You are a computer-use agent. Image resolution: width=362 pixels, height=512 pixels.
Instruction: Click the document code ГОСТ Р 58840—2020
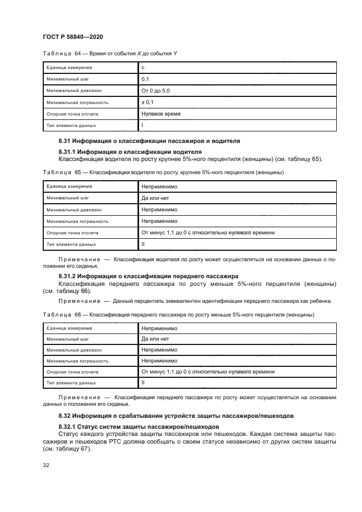point(73,36)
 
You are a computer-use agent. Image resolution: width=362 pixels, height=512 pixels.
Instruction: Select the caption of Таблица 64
point(109,53)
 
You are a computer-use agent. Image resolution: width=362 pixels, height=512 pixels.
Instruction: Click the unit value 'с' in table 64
point(143,68)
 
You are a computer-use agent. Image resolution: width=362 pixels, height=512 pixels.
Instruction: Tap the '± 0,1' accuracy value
point(148,102)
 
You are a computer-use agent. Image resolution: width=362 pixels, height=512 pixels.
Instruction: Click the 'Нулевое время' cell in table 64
point(161,114)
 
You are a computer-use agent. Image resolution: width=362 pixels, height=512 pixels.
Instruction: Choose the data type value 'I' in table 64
point(142,125)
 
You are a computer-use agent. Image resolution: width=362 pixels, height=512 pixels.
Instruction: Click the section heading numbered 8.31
point(149,141)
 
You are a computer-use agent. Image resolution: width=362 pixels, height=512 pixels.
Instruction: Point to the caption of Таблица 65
point(163,172)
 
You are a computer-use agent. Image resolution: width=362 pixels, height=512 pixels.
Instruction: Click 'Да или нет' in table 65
point(156,198)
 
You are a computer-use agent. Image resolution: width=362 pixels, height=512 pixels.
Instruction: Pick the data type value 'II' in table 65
point(143,244)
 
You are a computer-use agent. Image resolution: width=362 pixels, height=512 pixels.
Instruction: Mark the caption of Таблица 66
point(177,315)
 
